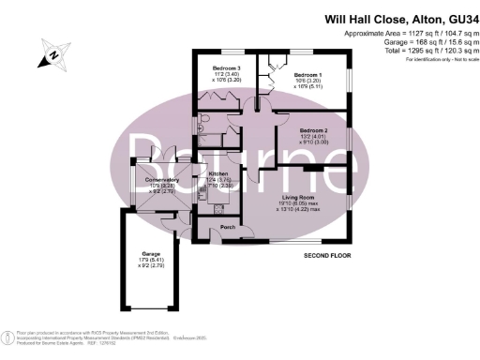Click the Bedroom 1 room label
308,74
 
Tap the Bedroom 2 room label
313,129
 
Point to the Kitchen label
218,174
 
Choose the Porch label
227,228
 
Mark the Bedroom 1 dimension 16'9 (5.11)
309,87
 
